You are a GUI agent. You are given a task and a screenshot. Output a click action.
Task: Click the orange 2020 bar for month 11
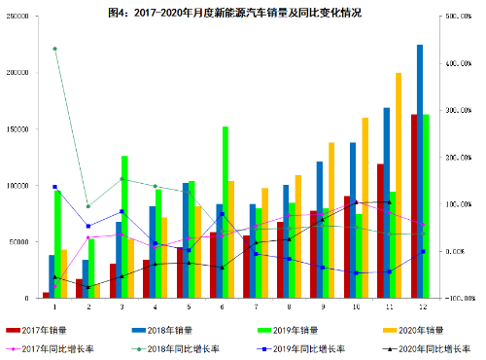coord(399,185)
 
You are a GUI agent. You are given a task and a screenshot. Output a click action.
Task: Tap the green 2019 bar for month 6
coord(226,212)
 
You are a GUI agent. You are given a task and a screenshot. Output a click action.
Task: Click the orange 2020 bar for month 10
coord(365,207)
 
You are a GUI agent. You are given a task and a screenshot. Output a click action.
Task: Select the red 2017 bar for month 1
coord(46,294)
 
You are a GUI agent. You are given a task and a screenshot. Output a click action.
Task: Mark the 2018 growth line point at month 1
coord(54,49)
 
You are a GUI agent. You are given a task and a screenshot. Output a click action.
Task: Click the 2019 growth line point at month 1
coord(54,187)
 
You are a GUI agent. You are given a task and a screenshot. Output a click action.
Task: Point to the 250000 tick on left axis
coord(17,18)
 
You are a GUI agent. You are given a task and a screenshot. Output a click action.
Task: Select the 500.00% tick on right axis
coord(461,18)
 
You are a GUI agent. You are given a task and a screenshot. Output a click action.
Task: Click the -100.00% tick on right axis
coord(461,298)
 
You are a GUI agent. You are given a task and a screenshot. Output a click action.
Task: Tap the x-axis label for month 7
coord(257,306)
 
